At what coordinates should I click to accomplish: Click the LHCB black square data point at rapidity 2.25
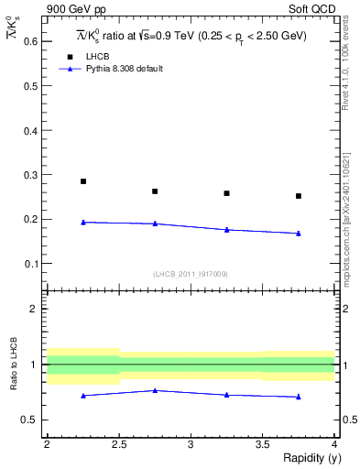click(x=83, y=181)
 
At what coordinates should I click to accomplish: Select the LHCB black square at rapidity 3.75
click(x=299, y=196)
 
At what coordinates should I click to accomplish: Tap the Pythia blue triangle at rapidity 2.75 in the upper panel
click(x=155, y=224)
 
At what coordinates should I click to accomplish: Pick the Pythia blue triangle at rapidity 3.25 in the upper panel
click(x=227, y=230)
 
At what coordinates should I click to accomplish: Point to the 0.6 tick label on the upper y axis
click(x=31, y=42)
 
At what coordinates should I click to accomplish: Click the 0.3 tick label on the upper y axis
click(x=31, y=175)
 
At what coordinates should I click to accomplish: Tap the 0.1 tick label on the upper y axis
click(x=31, y=264)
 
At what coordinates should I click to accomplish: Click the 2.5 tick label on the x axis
click(x=119, y=444)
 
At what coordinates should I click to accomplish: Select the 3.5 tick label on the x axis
click(x=263, y=444)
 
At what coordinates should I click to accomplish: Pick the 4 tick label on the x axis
click(x=334, y=444)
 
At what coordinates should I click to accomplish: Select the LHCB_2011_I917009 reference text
click(x=191, y=274)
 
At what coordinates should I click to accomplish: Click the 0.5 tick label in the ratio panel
click(x=31, y=420)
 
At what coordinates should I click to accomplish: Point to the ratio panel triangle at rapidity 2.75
click(x=155, y=390)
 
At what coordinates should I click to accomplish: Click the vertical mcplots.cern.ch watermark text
click(x=345, y=220)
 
